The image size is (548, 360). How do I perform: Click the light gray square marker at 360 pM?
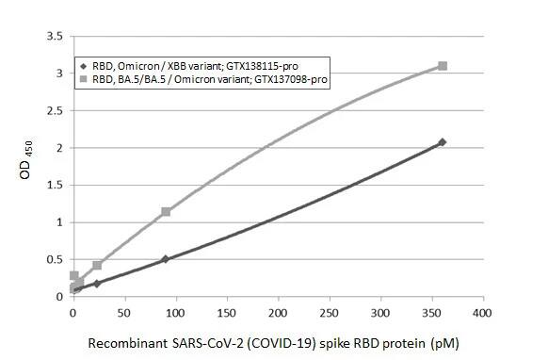(442, 66)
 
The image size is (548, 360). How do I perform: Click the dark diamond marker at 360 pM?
(442, 142)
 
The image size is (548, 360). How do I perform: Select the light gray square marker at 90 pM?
(166, 212)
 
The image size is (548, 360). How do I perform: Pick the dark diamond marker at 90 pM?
(166, 259)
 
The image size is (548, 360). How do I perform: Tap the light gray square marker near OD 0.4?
(97, 266)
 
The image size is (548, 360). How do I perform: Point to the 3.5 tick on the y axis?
(56, 36)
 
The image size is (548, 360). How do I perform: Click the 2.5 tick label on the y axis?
(56, 110)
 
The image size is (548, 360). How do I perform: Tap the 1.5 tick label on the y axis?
(56, 185)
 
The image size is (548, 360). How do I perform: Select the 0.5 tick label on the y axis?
(56, 260)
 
